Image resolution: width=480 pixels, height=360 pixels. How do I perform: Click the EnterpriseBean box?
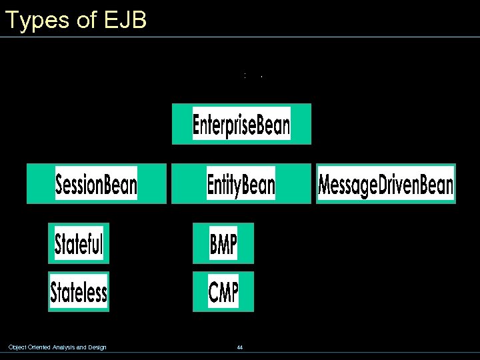click(241, 124)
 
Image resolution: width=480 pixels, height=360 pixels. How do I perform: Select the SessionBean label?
click(96, 183)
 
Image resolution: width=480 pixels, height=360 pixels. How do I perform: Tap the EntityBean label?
click(241, 183)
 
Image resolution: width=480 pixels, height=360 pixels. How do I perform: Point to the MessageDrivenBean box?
click(385, 184)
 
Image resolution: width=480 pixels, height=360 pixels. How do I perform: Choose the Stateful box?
click(79, 243)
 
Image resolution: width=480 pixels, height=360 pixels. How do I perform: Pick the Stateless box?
click(79, 291)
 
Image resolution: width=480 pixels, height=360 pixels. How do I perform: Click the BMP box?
click(223, 243)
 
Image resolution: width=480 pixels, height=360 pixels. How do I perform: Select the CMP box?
click(223, 291)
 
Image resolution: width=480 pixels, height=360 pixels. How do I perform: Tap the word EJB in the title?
click(125, 20)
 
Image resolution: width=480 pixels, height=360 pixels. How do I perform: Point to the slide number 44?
click(239, 347)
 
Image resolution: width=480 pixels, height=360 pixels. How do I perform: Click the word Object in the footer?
click(16, 347)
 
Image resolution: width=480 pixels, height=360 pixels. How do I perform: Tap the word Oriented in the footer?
click(39, 347)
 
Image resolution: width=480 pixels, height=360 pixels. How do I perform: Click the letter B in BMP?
click(214, 244)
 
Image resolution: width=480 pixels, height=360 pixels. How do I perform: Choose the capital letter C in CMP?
click(214, 292)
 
